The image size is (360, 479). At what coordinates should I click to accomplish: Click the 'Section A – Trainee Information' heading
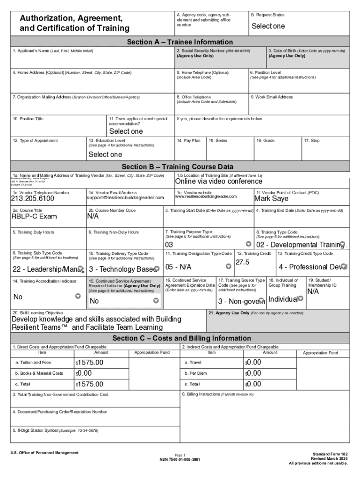180,42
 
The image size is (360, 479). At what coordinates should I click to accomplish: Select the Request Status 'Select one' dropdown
268,26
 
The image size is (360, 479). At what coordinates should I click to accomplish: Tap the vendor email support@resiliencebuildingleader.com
125,198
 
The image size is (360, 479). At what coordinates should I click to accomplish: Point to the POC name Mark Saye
271,199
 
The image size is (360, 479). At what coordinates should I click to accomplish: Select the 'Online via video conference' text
218,181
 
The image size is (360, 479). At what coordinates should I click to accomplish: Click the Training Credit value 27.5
243,262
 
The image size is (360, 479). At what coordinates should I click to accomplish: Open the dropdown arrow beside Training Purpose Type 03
248,244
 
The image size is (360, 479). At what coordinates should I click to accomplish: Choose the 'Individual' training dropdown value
283,299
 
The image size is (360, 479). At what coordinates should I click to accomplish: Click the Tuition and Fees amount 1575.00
90,363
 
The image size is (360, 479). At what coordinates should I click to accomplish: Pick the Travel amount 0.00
254,363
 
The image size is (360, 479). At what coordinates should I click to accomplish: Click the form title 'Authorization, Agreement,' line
71,18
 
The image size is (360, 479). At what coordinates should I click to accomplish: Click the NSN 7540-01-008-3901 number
180,459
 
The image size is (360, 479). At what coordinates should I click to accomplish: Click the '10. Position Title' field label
28,119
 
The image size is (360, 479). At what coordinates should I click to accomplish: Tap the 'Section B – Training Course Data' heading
177,167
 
